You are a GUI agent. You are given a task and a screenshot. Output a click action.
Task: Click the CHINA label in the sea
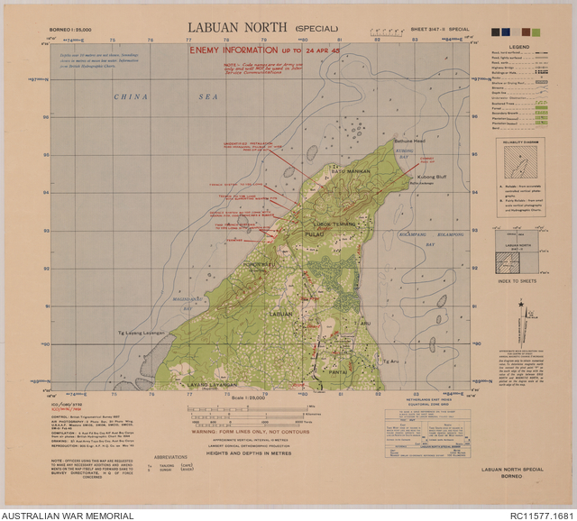click(132, 96)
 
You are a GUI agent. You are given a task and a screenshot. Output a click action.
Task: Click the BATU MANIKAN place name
click(328, 171)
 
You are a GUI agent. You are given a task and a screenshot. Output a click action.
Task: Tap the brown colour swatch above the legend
click(523, 32)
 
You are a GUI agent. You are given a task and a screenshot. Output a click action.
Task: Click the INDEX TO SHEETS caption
click(517, 280)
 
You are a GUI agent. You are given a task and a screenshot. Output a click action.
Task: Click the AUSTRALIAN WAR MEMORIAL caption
click(68, 516)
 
